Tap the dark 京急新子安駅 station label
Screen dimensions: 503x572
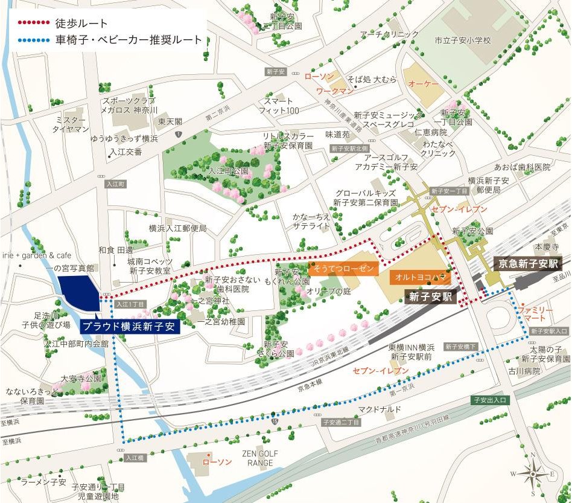(528, 263)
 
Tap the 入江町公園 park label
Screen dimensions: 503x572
(228, 171)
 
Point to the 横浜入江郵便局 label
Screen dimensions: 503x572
(177, 228)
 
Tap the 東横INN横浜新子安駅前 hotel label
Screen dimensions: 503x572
(412, 352)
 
